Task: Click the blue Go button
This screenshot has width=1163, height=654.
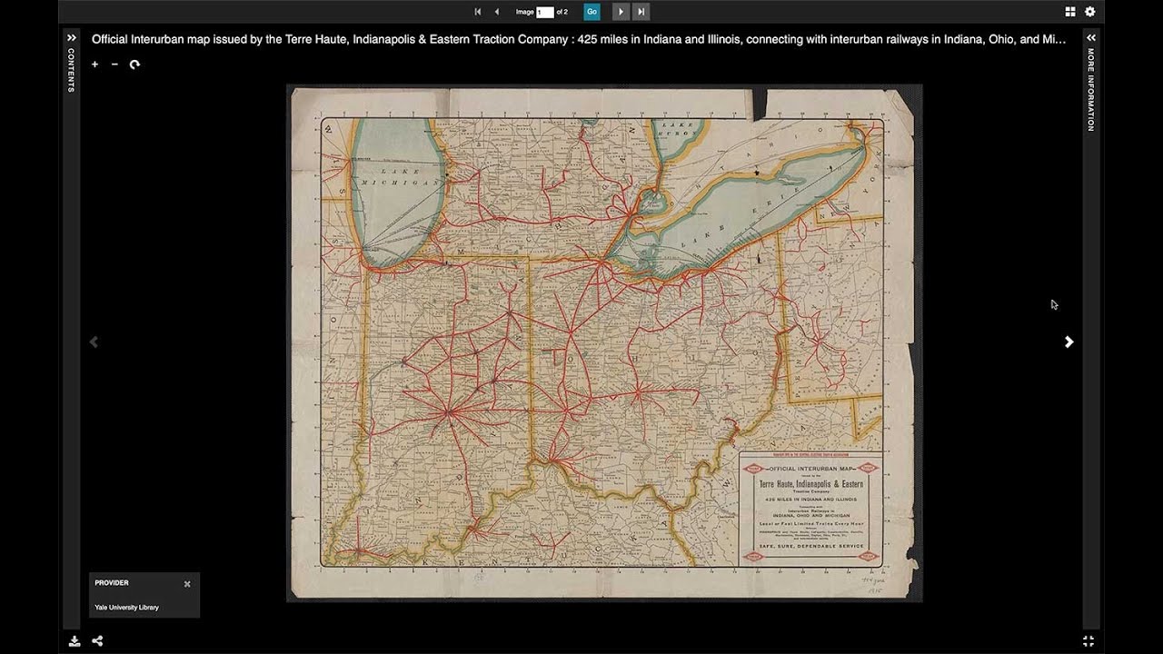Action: (591, 12)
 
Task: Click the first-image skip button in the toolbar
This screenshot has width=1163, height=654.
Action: (478, 12)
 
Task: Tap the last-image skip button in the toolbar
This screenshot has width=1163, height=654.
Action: (641, 12)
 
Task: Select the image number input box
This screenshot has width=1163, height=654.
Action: (544, 12)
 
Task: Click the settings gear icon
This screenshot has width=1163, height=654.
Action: (1090, 12)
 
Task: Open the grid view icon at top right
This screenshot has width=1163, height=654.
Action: (1070, 12)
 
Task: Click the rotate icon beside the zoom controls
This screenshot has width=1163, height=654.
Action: (134, 64)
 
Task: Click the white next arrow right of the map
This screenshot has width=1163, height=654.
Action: (1069, 342)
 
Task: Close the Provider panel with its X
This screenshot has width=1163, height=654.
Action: (187, 584)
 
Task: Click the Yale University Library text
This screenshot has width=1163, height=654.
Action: (126, 607)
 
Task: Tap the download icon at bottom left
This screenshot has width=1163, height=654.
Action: (75, 640)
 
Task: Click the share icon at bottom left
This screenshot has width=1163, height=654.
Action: (97, 640)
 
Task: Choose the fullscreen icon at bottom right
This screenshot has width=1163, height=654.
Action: (1088, 640)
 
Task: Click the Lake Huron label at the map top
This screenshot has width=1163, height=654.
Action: (679, 128)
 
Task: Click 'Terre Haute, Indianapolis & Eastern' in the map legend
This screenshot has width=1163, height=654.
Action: (810, 484)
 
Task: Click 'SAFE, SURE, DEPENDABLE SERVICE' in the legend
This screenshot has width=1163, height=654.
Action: (810, 545)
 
